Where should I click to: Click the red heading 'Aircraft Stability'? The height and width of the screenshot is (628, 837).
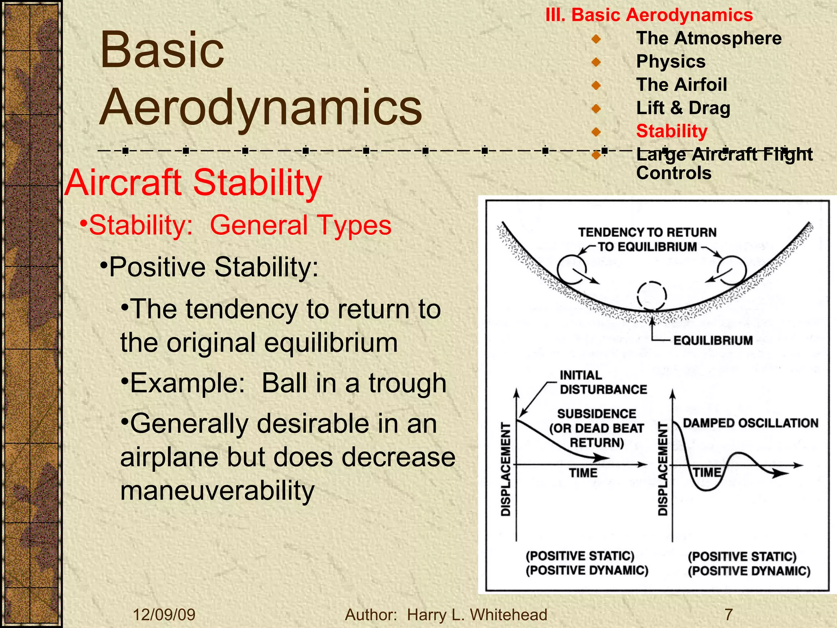[193, 183]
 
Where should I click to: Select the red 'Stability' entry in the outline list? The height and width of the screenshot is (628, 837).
[671, 131]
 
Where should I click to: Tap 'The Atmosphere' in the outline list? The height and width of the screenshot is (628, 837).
[709, 38]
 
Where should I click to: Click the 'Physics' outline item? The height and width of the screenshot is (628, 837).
[671, 62]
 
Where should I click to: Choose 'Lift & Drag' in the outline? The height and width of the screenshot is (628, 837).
[683, 108]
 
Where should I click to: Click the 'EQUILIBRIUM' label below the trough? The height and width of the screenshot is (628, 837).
[713, 341]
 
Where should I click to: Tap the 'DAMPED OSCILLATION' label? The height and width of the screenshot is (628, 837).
[750, 423]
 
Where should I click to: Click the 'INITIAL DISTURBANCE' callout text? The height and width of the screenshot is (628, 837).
[603, 382]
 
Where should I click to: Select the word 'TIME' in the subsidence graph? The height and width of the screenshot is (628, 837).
[583, 473]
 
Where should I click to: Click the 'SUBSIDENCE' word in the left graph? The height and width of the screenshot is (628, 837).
[597, 414]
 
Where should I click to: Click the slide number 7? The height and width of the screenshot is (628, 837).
[728, 615]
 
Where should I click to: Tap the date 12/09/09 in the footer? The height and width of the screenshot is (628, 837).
[164, 615]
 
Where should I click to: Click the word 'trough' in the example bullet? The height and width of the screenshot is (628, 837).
[407, 383]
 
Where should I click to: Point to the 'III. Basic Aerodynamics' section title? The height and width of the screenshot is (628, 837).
[649, 15]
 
